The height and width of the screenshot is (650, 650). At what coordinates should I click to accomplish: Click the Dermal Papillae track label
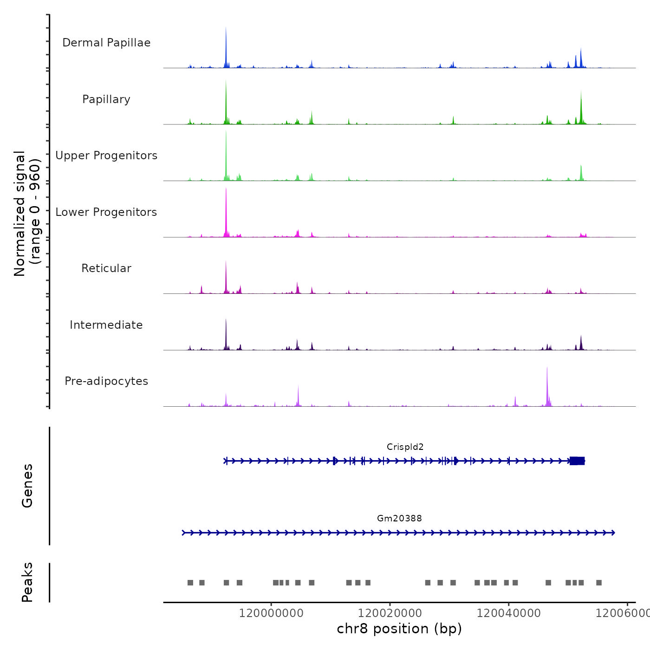(106, 43)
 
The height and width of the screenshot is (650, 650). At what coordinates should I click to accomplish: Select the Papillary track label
(106, 99)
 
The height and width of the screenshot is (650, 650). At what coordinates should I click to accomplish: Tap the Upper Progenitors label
(106, 156)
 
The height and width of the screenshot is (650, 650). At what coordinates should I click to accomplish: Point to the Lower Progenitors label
(106, 212)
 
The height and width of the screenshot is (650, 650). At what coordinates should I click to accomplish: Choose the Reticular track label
(106, 268)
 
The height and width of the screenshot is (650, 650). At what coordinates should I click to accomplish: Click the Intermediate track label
(106, 325)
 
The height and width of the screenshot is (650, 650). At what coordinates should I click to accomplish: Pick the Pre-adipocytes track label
(106, 381)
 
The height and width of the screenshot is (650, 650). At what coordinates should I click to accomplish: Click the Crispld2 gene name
(405, 447)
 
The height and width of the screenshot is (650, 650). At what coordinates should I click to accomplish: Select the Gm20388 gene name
(399, 519)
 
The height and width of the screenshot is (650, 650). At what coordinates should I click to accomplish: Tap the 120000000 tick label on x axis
(271, 613)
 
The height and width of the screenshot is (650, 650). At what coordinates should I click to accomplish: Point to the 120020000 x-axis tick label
(390, 613)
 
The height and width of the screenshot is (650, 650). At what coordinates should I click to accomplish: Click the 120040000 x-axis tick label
(508, 613)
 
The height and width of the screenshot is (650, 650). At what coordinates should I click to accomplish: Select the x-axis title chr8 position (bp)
(399, 629)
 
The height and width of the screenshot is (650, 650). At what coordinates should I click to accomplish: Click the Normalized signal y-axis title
(27, 214)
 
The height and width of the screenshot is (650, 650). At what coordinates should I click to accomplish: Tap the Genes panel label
(27, 486)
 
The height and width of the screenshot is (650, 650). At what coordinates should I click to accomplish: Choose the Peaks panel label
(27, 582)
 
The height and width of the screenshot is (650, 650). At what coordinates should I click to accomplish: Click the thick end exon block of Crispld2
(577, 461)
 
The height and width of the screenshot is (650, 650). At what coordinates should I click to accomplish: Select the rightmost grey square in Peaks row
(599, 583)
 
